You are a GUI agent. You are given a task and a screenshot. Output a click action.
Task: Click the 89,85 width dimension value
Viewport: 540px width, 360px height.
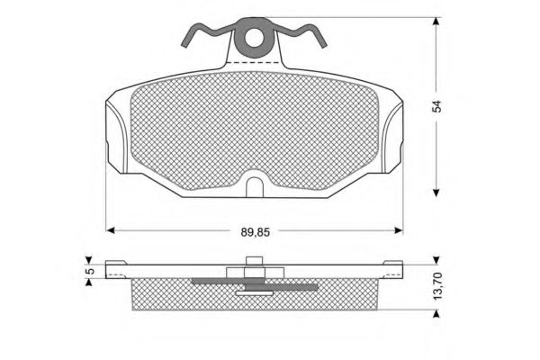256,232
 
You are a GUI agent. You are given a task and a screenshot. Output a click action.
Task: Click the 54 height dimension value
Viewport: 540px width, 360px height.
436,106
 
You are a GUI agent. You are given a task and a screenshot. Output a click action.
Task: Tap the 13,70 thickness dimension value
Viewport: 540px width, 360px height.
437,286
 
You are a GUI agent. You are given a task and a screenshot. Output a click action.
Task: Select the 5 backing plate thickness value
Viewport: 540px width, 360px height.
90,271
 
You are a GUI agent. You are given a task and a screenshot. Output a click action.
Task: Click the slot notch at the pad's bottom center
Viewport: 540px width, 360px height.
255,187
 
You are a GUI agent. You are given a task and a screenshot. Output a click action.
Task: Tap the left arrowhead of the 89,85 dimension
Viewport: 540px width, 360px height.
110,230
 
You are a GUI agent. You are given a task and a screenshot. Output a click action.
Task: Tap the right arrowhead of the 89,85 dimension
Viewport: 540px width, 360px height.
399,230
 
